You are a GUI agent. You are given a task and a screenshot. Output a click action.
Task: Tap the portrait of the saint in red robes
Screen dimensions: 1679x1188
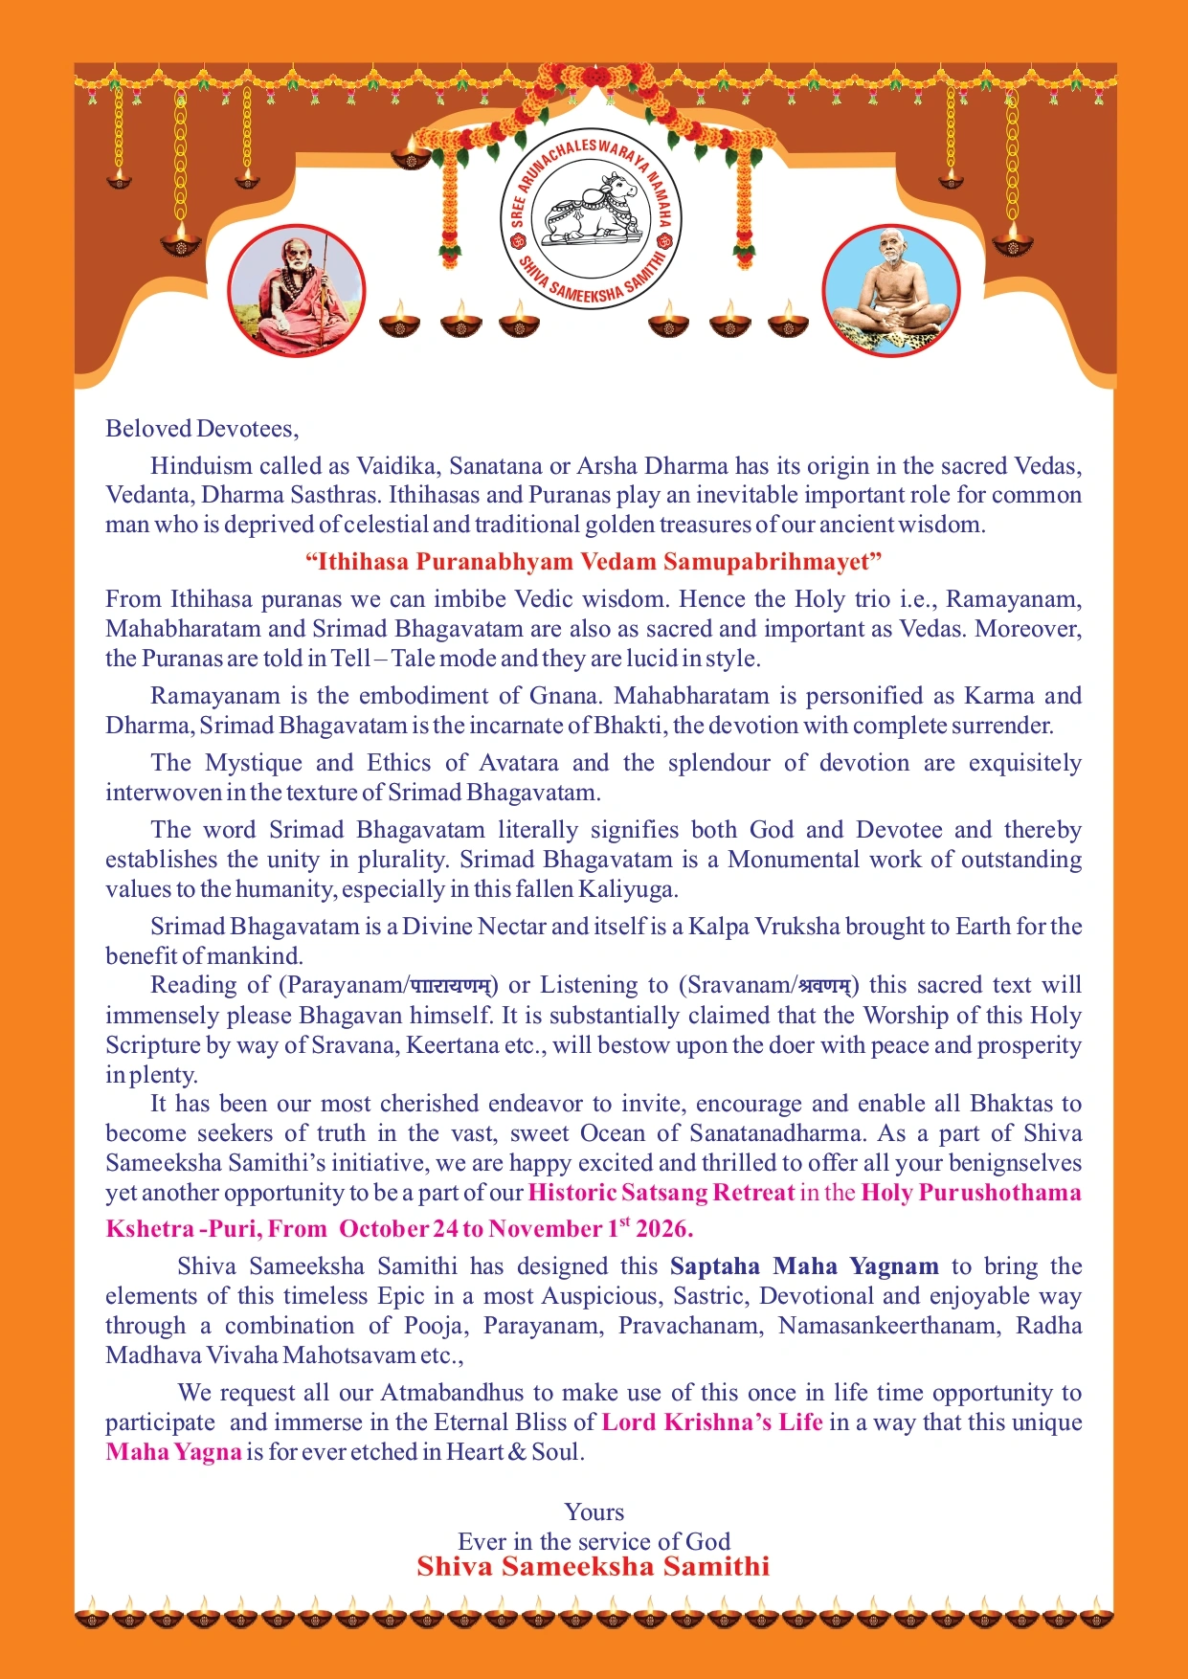tap(297, 291)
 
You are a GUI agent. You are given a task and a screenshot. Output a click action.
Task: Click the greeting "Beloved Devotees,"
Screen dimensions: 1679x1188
tap(202, 428)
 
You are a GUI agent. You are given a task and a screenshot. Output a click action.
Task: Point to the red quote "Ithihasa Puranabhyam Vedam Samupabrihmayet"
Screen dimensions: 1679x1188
tap(594, 561)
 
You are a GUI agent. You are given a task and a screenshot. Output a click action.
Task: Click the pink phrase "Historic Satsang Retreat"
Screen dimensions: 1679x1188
tap(661, 1193)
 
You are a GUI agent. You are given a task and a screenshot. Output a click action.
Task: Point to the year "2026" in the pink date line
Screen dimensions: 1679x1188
tap(663, 1228)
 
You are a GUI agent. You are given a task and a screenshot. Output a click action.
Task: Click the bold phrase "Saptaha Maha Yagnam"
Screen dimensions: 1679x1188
tap(804, 1266)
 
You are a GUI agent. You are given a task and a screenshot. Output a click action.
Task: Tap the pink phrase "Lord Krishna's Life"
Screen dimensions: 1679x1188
tap(712, 1422)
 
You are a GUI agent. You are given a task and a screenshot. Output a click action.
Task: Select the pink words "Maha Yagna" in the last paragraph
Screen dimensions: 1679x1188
tap(173, 1452)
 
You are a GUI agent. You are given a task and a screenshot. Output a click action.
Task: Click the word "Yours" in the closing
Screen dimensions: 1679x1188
tap(594, 1512)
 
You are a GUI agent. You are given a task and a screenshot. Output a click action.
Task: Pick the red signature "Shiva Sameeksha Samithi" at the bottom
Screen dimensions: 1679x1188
tap(594, 1567)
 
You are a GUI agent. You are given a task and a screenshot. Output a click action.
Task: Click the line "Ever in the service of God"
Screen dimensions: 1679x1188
tap(594, 1541)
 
